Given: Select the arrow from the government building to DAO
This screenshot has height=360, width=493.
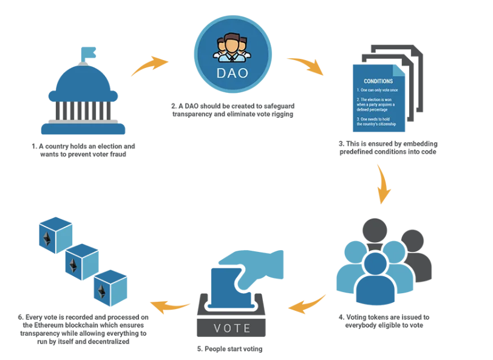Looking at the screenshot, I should coord(149,65).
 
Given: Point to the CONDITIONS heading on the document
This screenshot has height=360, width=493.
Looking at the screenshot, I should coord(378,81).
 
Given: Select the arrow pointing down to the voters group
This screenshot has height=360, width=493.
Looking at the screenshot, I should coord(382,185).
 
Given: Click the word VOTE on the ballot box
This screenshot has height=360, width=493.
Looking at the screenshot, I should coord(233,328).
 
